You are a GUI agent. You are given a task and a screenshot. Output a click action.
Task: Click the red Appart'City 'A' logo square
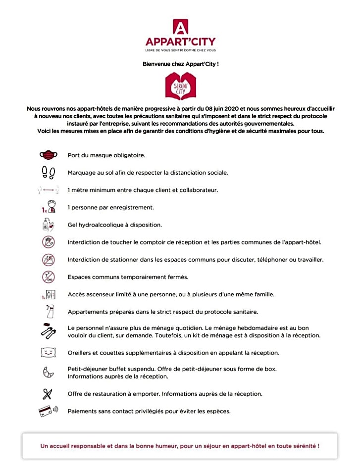(x=180, y=26)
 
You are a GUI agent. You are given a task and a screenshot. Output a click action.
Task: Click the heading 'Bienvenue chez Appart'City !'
(x=180, y=64)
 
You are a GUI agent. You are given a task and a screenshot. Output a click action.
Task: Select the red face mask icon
(x=49, y=155)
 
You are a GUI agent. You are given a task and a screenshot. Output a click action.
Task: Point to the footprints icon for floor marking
(x=49, y=172)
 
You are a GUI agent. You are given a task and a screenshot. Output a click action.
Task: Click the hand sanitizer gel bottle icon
(x=48, y=225)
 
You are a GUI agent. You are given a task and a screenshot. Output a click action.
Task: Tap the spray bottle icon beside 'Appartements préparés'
(x=49, y=312)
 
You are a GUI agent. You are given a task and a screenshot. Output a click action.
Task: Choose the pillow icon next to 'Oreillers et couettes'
(x=49, y=352)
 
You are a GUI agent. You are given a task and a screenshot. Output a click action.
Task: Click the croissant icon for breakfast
(x=49, y=372)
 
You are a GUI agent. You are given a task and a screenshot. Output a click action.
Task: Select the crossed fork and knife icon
(x=48, y=394)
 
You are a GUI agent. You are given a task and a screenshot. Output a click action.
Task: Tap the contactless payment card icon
(x=48, y=411)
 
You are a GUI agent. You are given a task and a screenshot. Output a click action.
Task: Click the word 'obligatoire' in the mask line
(x=128, y=155)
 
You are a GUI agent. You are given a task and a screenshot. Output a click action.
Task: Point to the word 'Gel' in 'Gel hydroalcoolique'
(x=72, y=225)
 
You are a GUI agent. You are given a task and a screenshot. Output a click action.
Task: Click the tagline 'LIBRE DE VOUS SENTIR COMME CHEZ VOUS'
(x=180, y=50)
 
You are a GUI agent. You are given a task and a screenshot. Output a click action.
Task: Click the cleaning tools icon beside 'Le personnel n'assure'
(x=49, y=331)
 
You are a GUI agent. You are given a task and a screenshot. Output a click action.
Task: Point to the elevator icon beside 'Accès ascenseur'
(x=49, y=294)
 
